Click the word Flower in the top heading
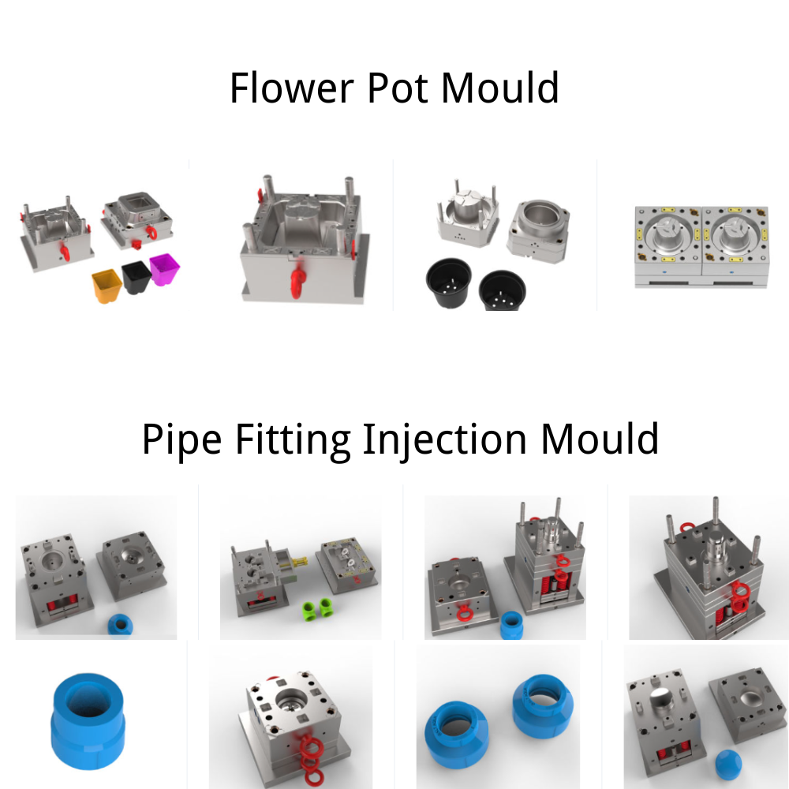[291, 88]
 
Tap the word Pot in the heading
[398, 88]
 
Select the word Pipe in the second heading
[181, 439]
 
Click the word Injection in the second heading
[444, 439]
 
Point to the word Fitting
[293, 439]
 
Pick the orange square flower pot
[107, 286]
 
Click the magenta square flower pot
[165, 269]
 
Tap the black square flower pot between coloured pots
[136, 277]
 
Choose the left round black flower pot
[449, 282]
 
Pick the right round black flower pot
[502, 291]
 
